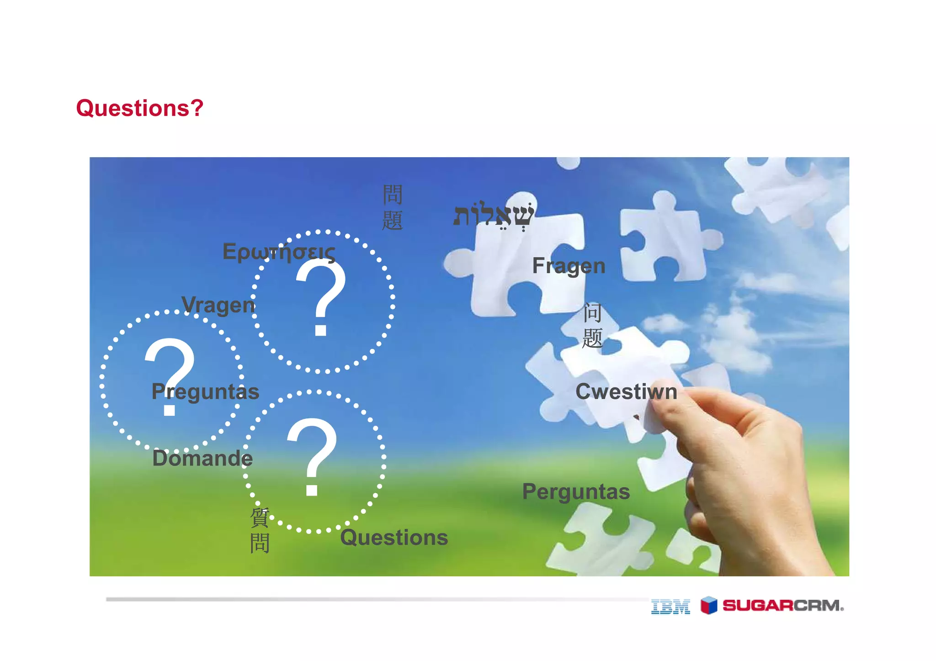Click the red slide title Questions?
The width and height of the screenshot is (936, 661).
[x=139, y=108]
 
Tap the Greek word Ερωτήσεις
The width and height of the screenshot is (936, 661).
[x=279, y=252]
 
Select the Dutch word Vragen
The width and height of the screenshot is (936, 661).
[x=218, y=305]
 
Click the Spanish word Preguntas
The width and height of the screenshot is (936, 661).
[x=205, y=392]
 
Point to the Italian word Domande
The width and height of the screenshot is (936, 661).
[x=202, y=458]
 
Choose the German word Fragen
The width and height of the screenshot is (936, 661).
[x=569, y=266]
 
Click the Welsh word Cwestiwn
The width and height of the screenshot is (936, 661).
[x=626, y=392]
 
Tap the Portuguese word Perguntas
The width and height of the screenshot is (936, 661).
[x=576, y=492]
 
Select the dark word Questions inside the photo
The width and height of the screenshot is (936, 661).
[x=394, y=538]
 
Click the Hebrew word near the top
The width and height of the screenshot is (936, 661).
[x=493, y=215]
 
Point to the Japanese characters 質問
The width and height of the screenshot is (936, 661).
[x=260, y=530]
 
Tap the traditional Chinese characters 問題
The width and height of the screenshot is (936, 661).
[x=392, y=207]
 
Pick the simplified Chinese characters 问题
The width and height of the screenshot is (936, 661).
[x=592, y=326]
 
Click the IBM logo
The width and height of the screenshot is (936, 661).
[x=670, y=607]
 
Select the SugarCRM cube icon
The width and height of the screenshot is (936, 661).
[x=709, y=605]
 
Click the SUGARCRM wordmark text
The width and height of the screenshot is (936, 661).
[x=783, y=606]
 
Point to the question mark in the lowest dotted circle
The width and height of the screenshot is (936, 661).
[x=312, y=457]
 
